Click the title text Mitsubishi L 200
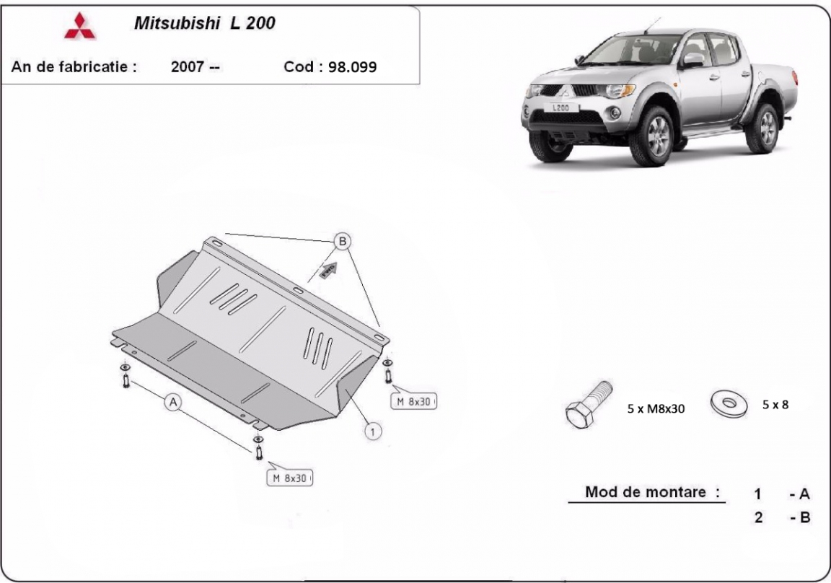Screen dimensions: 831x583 click(x=205, y=23)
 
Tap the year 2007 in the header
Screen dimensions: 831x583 click(x=188, y=67)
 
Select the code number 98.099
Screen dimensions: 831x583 click(x=353, y=67)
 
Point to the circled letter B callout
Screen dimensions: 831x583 click(x=343, y=241)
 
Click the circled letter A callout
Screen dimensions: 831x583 click(x=173, y=403)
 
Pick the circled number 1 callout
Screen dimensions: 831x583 click(x=372, y=431)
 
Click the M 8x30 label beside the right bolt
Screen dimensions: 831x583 click(x=413, y=402)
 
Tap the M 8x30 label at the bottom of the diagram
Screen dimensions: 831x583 click(x=289, y=478)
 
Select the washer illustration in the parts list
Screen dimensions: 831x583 click(x=729, y=404)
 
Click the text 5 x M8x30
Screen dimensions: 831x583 click(x=656, y=408)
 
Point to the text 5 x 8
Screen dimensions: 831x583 click(x=775, y=404)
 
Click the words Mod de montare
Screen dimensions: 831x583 click(x=646, y=492)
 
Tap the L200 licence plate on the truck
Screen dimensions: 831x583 click(x=560, y=108)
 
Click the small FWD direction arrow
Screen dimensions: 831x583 click(x=329, y=270)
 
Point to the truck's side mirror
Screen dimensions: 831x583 click(x=692, y=60)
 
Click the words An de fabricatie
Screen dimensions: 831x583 click(x=74, y=67)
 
